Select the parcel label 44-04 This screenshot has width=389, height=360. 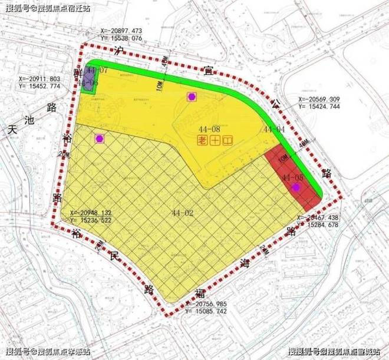[274, 129]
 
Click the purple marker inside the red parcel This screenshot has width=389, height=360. [296, 187]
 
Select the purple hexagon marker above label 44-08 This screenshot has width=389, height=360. [192, 97]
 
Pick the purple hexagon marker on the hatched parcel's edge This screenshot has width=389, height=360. [99, 138]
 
